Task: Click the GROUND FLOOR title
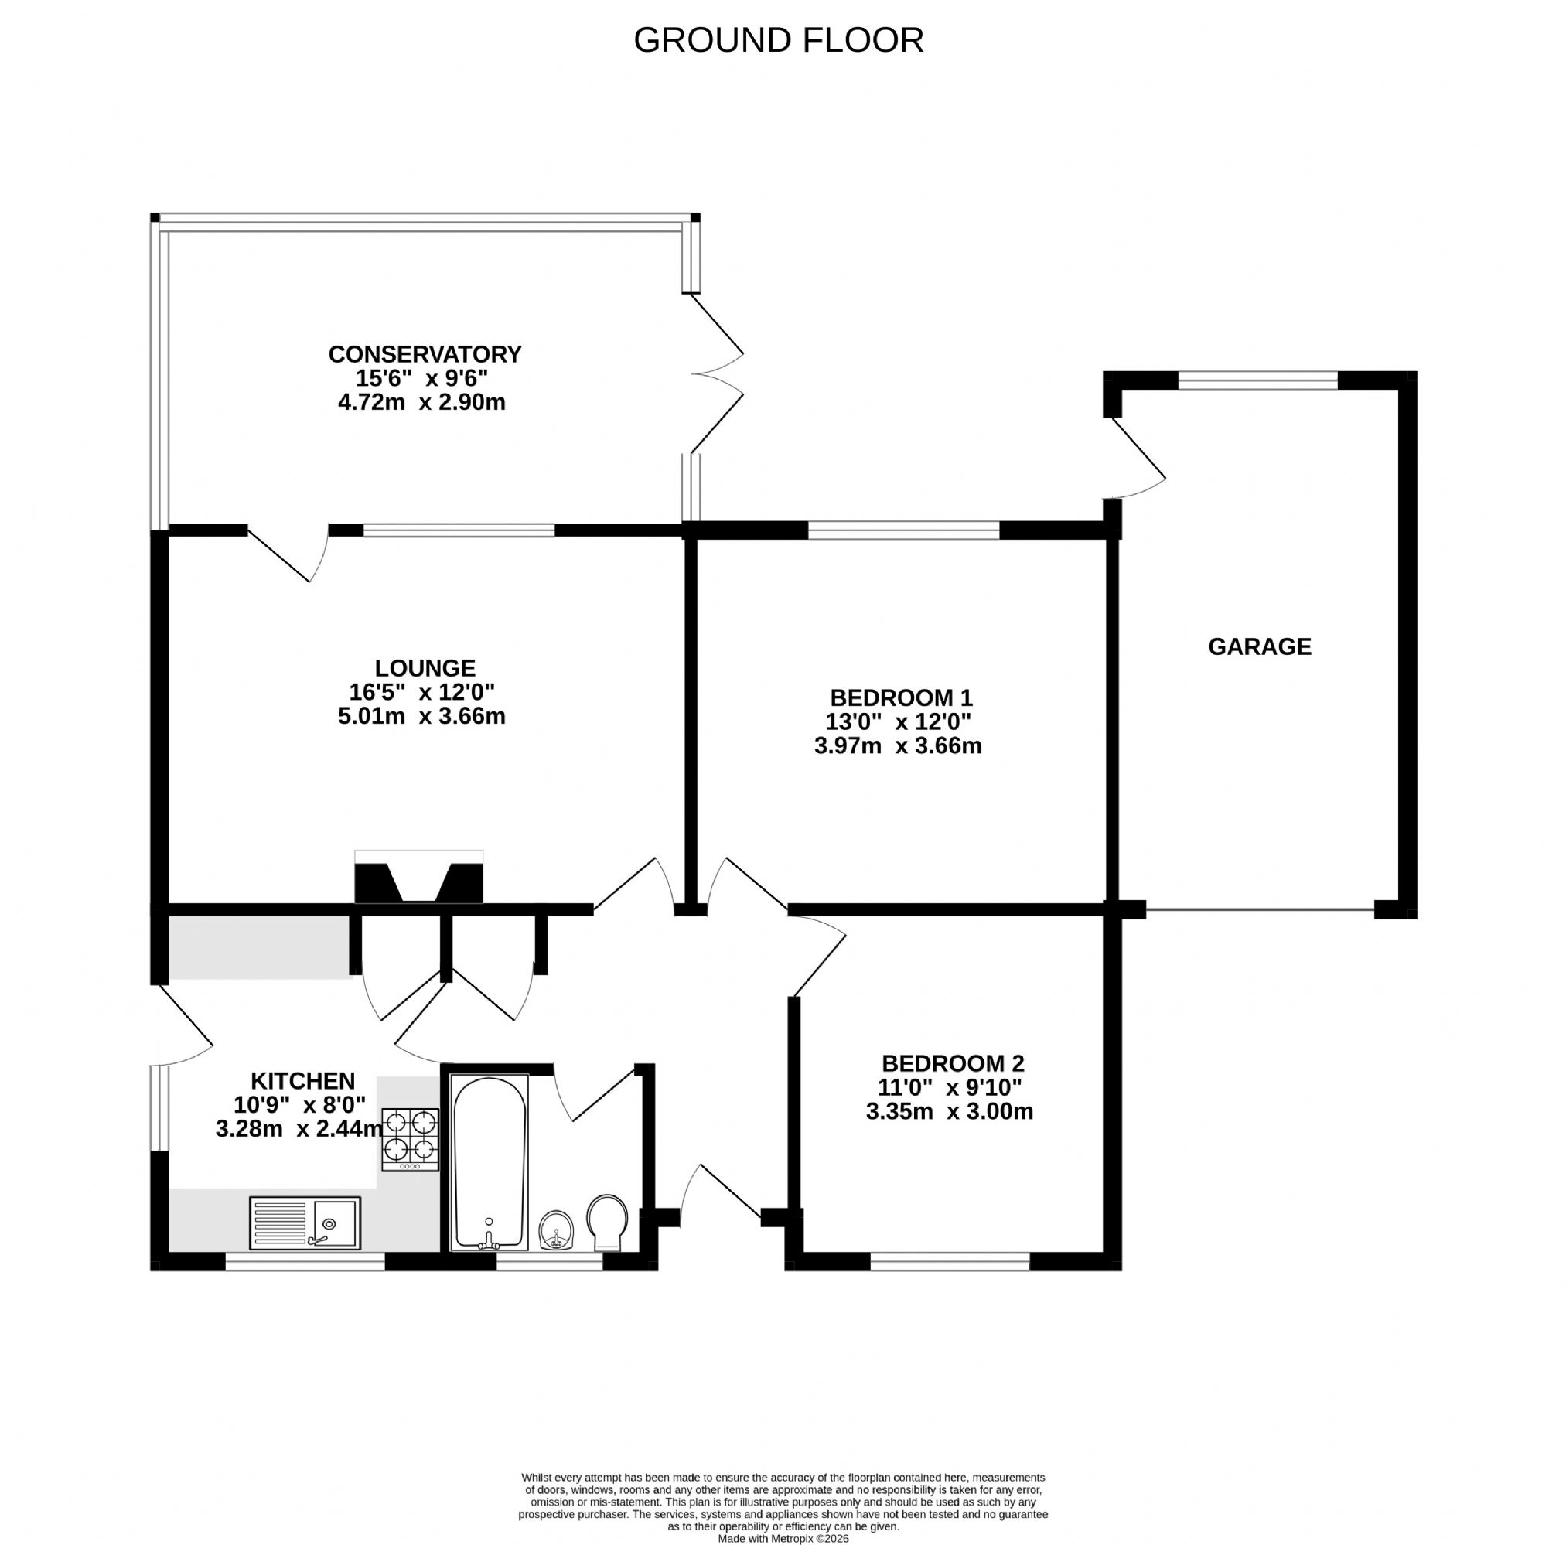point(778,39)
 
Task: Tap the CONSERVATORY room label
point(425,354)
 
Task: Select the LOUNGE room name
point(425,668)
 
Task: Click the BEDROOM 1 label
point(902,697)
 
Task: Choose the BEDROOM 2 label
point(954,1062)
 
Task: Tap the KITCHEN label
point(303,1080)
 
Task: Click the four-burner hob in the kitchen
point(411,1139)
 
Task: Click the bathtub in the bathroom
point(490,1162)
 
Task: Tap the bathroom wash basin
point(557,1231)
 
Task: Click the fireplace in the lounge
point(419,876)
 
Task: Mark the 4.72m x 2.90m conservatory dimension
point(421,402)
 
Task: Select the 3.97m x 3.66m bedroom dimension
point(898,745)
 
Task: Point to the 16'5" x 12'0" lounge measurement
point(421,692)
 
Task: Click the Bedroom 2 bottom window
point(950,1260)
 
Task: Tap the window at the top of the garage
point(1257,380)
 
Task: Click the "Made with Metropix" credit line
point(783,1539)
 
